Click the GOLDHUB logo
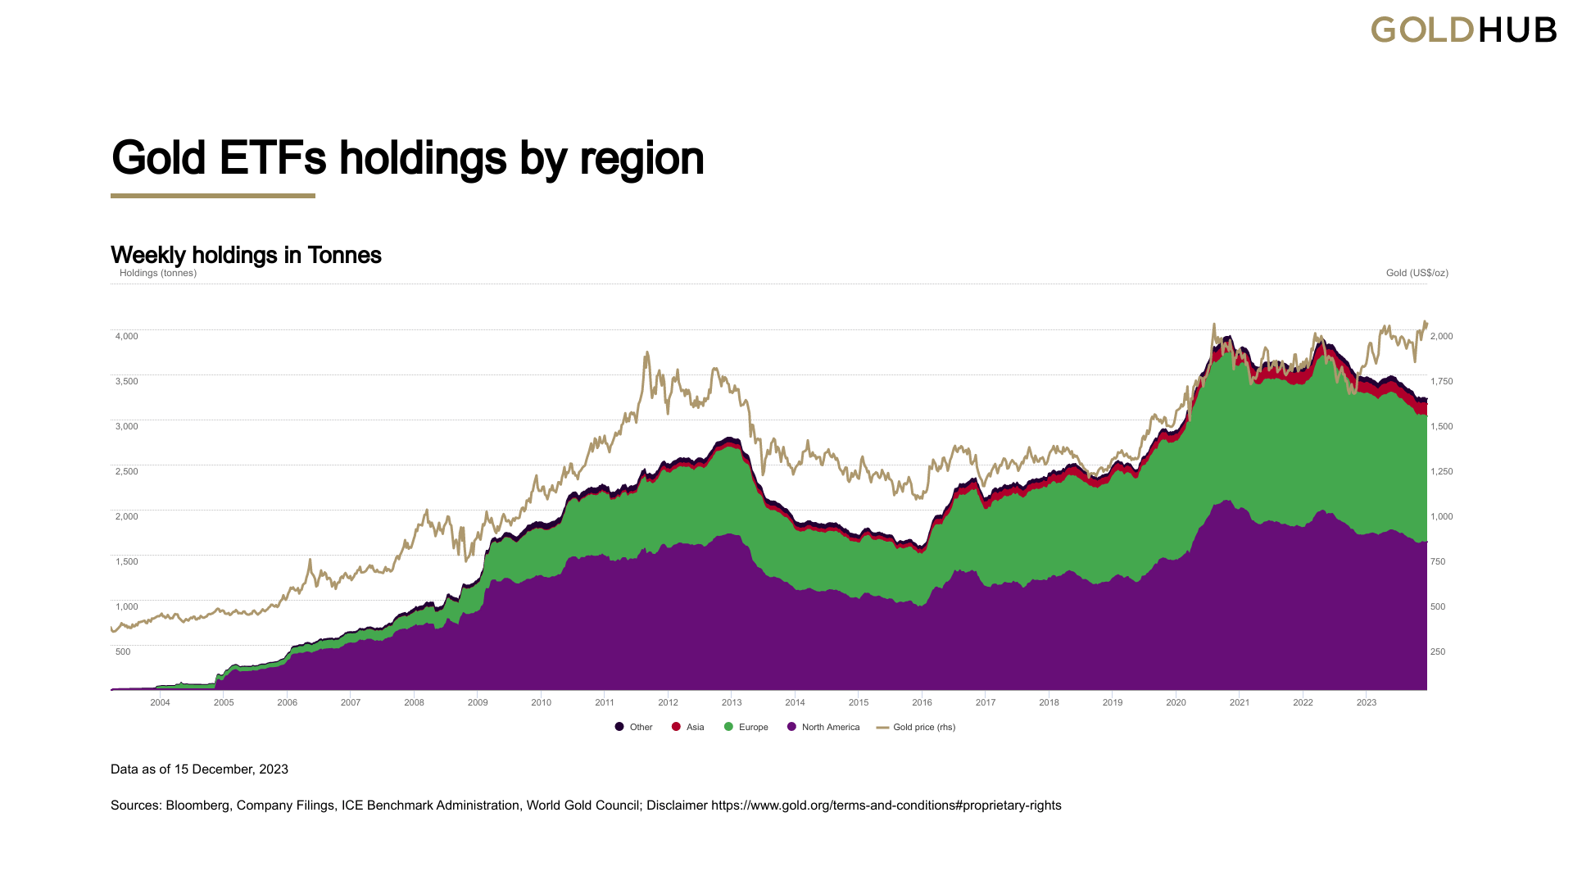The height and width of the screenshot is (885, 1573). [x=1463, y=30]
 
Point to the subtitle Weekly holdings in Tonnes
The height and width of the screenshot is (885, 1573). [x=246, y=255]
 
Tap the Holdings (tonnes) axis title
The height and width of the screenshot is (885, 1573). [x=158, y=273]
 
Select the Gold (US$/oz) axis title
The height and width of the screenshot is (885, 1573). [x=1417, y=273]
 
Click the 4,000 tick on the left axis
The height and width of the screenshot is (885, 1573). [x=126, y=336]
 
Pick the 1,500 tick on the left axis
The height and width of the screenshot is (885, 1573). [x=126, y=561]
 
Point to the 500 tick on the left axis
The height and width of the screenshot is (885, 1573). [x=123, y=651]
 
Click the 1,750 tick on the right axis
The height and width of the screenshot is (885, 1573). [x=1441, y=381]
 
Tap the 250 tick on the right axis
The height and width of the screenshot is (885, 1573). [x=1438, y=651]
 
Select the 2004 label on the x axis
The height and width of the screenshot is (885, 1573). [x=160, y=702]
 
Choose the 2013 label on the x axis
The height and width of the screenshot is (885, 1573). [x=732, y=702]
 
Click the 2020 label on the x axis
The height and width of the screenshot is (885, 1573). [x=1176, y=702]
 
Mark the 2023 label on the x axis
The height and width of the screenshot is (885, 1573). [x=1367, y=702]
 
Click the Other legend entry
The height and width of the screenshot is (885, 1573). [x=634, y=727]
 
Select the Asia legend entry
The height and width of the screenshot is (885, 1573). [x=688, y=727]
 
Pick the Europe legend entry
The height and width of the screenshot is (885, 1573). [x=746, y=727]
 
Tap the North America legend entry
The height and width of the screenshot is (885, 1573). [x=823, y=727]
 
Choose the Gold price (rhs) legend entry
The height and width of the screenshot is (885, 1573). [x=916, y=727]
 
